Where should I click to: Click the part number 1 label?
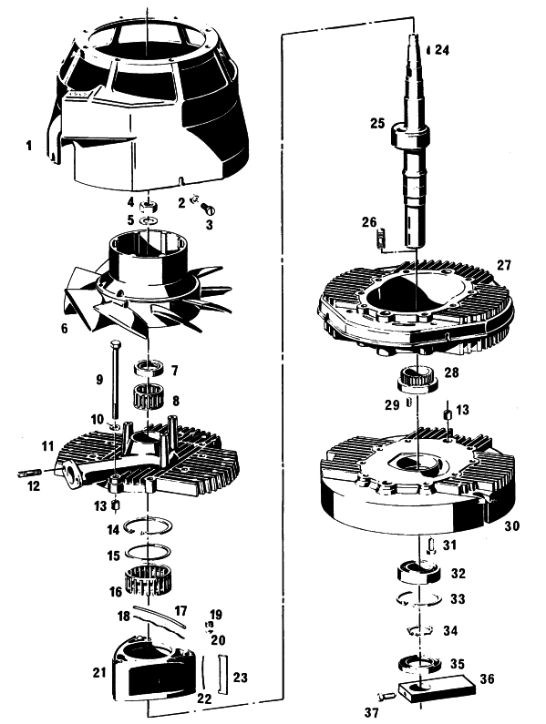point(29,146)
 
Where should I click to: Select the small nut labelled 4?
point(148,204)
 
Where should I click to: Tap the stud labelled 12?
point(30,473)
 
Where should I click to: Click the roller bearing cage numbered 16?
point(148,580)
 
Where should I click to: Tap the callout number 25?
point(377,123)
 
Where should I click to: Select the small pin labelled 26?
point(381,239)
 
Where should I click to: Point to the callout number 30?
point(511,525)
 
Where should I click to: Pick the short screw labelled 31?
point(431,546)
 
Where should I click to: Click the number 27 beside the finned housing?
point(504,265)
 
